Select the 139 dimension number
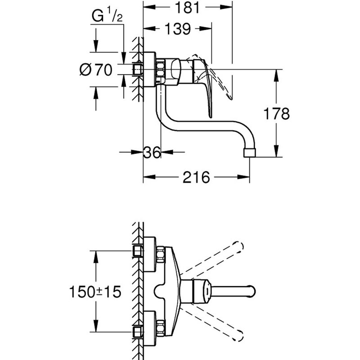coord(176,29)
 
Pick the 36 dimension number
coord(152,153)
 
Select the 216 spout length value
coord(196,177)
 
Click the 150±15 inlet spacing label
coord(96,292)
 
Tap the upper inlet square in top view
coord(137,251)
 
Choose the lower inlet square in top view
coord(137,332)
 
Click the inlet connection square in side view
coord(138,69)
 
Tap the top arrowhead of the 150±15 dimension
coord(96,254)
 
